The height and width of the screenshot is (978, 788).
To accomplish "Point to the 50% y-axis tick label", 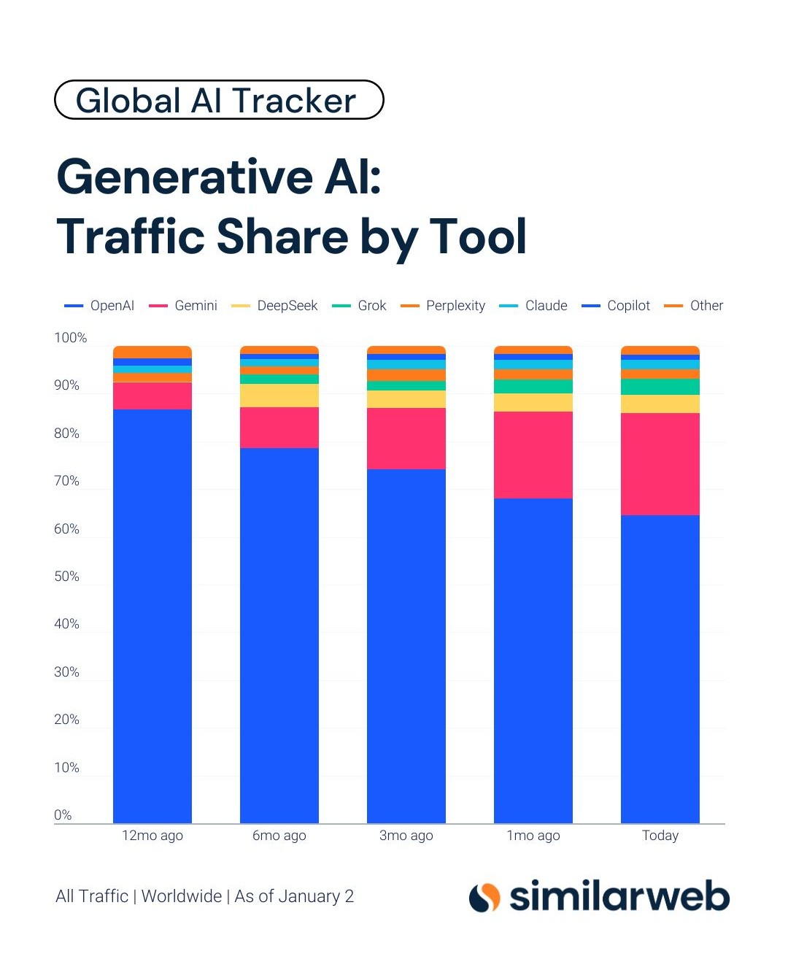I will [x=66, y=577].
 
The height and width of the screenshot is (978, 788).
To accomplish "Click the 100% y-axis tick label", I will [x=70, y=338].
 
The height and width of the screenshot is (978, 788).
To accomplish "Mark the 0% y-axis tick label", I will [x=63, y=815].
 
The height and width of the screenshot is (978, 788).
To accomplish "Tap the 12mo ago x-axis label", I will [x=152, y=836].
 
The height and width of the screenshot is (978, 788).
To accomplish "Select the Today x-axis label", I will [x=660, y=836].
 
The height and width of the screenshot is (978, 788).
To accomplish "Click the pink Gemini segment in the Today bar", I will [x=660, y=464].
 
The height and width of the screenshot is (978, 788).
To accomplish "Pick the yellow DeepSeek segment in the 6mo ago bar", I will [x=279, y=396].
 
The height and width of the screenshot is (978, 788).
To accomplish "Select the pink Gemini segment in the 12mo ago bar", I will [x=152, y=396].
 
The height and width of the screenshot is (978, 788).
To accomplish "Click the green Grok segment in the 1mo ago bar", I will [x=533, y=387].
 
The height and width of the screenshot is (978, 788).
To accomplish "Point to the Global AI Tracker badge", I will [x=219, y=100].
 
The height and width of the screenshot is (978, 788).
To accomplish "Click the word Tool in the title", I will [x=478, y=236].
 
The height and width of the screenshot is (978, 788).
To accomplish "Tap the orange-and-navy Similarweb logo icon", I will [x=484, y=897].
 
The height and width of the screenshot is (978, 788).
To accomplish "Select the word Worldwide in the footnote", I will [x=182, y=896].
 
